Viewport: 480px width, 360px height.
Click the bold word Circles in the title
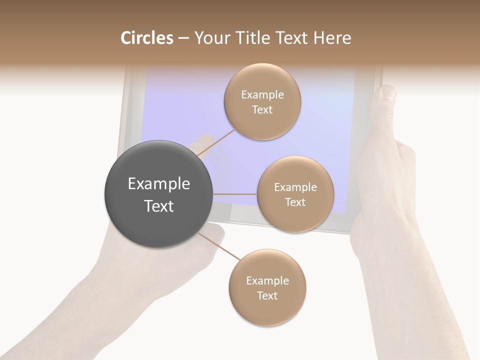click(147, 38)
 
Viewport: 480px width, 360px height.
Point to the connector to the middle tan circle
click(234, 194)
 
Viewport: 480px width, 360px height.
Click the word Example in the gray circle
click(159, 184)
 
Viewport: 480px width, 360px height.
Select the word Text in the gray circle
click(159, 206)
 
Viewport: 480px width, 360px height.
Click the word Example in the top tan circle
click(262, 95)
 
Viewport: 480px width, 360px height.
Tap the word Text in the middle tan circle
click(295, 202)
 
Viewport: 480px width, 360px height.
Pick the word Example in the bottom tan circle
click(267, 281)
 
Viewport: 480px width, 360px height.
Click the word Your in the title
click(209, 38)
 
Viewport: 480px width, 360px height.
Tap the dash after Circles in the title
click(183, 38)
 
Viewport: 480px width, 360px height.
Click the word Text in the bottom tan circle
click(267, 296)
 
